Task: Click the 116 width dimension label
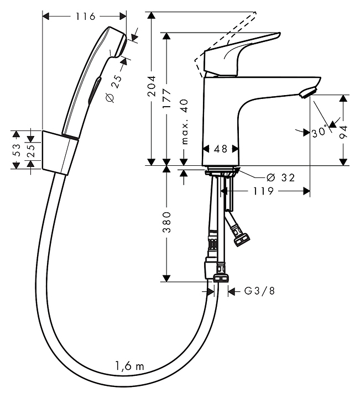point(85,17)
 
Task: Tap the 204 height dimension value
point(152,86)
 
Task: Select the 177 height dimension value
point(167,99)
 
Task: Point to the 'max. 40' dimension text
point(185,122)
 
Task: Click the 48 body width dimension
point(220,149)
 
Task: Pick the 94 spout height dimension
point(343,132)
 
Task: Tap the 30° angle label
point(319,132)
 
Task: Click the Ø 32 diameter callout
point(281,177)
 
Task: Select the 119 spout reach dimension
point(263,191)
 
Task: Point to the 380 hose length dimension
point(167,222)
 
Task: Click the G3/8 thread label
point(259,291)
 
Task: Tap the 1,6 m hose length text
point(129,366)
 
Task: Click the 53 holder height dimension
point(16,150)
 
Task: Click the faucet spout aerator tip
point(307,92)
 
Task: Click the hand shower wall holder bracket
point(60,153)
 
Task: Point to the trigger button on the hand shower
point(95,90)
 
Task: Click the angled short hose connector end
point(242,239)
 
